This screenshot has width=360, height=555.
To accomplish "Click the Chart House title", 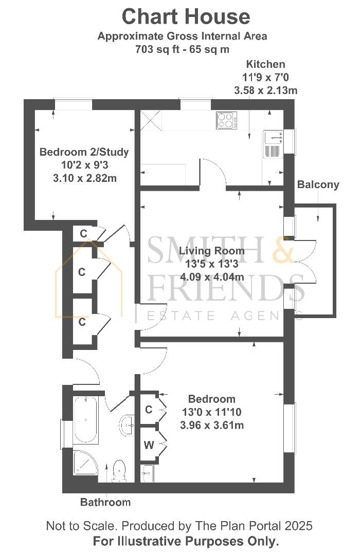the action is (x=186, y=17).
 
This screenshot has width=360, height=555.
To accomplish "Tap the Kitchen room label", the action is (x=265, y=64).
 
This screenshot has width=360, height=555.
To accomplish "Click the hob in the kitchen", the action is (x=227, y=120).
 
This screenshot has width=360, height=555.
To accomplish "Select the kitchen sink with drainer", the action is (x=273, y=144).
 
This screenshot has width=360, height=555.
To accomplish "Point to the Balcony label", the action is (x=318, y=184).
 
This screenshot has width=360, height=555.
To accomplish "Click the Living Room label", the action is (x=211, y=251).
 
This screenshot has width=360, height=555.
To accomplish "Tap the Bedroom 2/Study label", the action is (x=84, y=152).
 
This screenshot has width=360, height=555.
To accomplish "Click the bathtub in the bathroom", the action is (x=86, y=420).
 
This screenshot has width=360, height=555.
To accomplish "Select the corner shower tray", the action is (x=85, y=463).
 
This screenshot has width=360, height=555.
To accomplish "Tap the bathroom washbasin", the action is (x=127, y=424).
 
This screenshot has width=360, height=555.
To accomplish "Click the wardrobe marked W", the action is (x=149, y=445).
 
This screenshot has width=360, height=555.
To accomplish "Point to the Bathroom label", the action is (x=105, y=502).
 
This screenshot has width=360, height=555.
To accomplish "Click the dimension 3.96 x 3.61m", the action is (x=211, y=425).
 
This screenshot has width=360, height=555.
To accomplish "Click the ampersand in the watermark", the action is (x=283, y=250).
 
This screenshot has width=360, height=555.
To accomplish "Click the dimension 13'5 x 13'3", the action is (x=211, y=264).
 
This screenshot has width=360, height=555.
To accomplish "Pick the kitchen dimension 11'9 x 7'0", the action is (x=265, y=77).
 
